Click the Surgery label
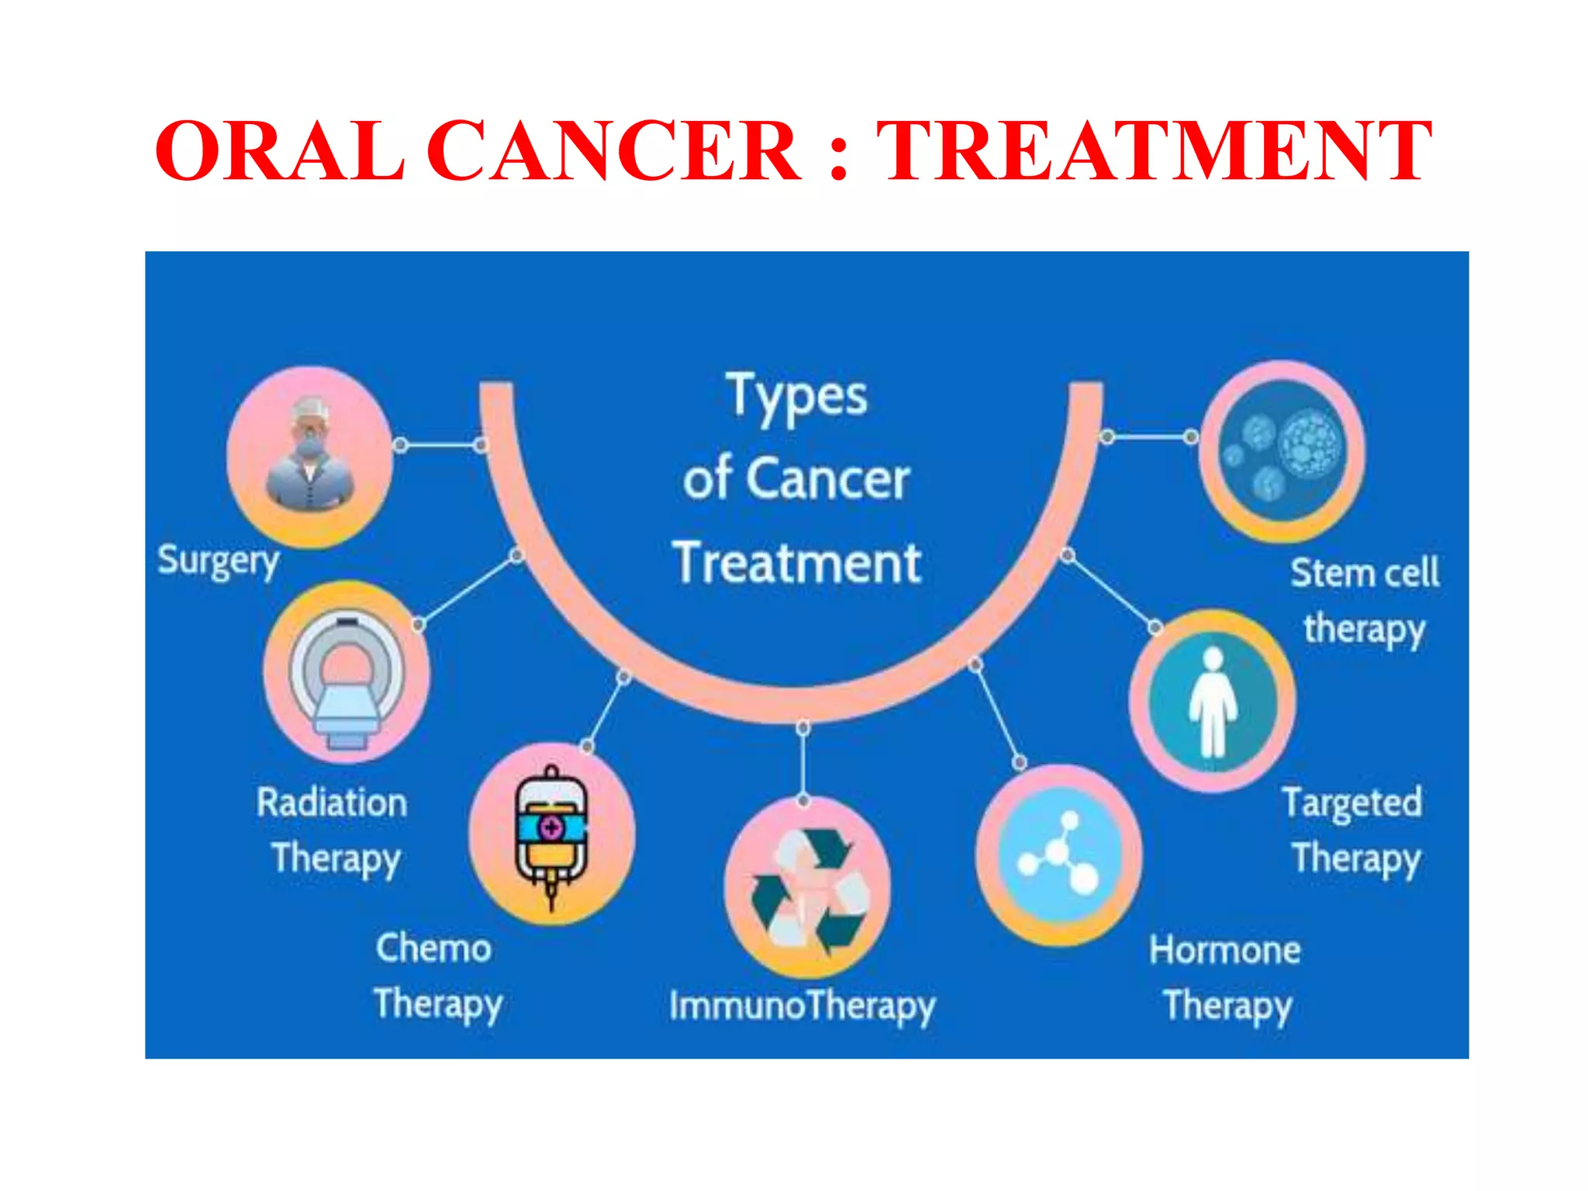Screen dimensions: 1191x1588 point(218,561)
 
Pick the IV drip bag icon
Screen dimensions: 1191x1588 point(551,834)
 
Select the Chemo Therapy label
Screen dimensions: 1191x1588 point(436,976)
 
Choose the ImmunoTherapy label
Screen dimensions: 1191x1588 point(803,1006)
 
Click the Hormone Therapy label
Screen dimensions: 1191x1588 point(1226,977)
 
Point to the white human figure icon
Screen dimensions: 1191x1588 point(1213,701)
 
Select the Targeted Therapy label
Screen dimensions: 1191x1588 point(1354,830)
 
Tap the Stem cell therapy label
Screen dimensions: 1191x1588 point(1365,601)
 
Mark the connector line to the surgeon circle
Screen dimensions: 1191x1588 point(440,445)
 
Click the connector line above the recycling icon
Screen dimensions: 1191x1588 point(803,764)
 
